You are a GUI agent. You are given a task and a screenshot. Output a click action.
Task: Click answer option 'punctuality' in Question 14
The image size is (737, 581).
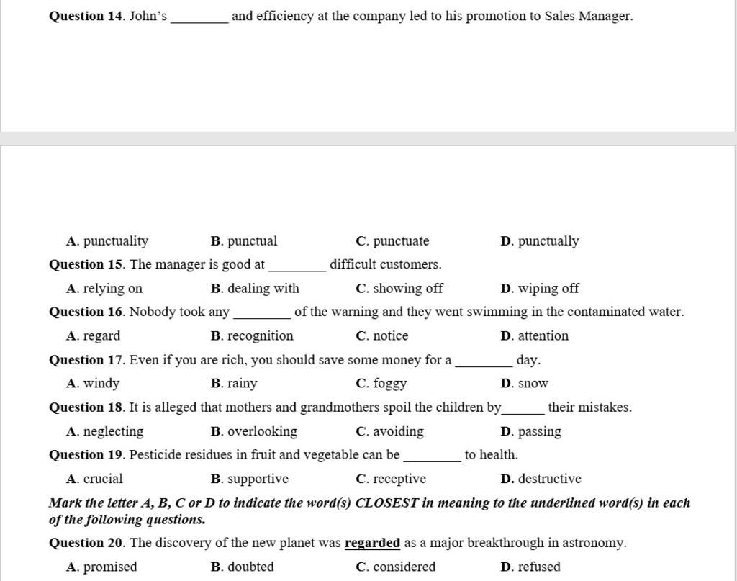point(115,241)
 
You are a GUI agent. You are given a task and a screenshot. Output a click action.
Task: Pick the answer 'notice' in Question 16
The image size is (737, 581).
point(390,336)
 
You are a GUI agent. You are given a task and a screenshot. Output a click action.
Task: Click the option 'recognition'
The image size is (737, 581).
point(260,336)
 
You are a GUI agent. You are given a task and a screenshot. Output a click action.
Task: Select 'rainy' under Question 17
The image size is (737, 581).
point(242,384)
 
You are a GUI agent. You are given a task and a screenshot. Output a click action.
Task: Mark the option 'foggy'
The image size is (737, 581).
point(389,384)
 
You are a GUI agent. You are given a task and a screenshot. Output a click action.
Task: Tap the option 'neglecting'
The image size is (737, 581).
point(113,431)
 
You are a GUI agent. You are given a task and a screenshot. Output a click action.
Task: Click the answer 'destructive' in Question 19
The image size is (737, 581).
point(549,479)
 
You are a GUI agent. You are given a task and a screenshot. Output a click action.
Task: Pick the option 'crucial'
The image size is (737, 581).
point(103,479)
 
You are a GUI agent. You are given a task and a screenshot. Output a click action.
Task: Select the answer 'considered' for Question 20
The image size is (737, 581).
point(404,567)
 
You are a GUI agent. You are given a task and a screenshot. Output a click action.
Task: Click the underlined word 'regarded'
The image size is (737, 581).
point(372,543)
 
